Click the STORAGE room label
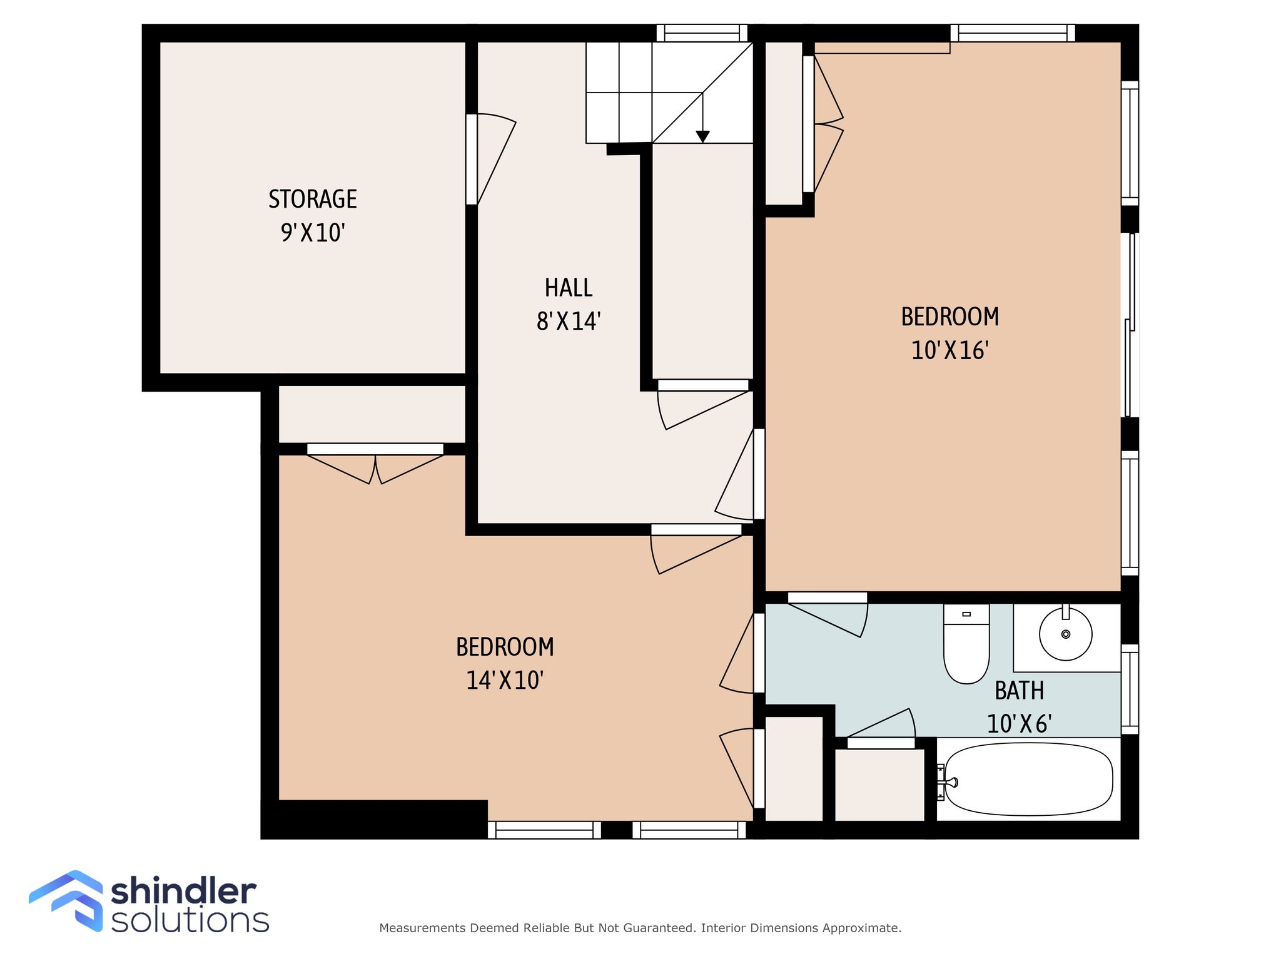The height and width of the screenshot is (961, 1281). point(313,199)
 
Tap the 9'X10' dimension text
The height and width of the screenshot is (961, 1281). point(313,233)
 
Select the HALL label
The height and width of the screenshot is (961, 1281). point(569,288)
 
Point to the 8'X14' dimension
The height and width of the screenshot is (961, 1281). point(569,322)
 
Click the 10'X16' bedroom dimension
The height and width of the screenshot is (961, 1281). point(949,350)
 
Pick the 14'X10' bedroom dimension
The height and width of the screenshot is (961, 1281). point(505,680)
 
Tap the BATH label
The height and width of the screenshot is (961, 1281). point(1020,691)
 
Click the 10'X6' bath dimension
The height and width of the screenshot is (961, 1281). point(1020,724)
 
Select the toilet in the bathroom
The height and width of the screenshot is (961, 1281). point(966,644)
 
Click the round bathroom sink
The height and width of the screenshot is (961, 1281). point(1066,634)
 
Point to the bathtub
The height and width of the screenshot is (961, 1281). point(1028,779)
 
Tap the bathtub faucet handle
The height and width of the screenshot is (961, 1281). point(951,782)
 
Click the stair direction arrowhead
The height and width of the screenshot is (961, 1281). point(703,136)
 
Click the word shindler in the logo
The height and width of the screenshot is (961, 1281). point(183,892)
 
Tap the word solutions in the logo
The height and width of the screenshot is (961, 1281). point(190,920)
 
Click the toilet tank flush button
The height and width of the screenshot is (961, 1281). point(966,614)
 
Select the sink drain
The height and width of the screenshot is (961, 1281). point(1066,634)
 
